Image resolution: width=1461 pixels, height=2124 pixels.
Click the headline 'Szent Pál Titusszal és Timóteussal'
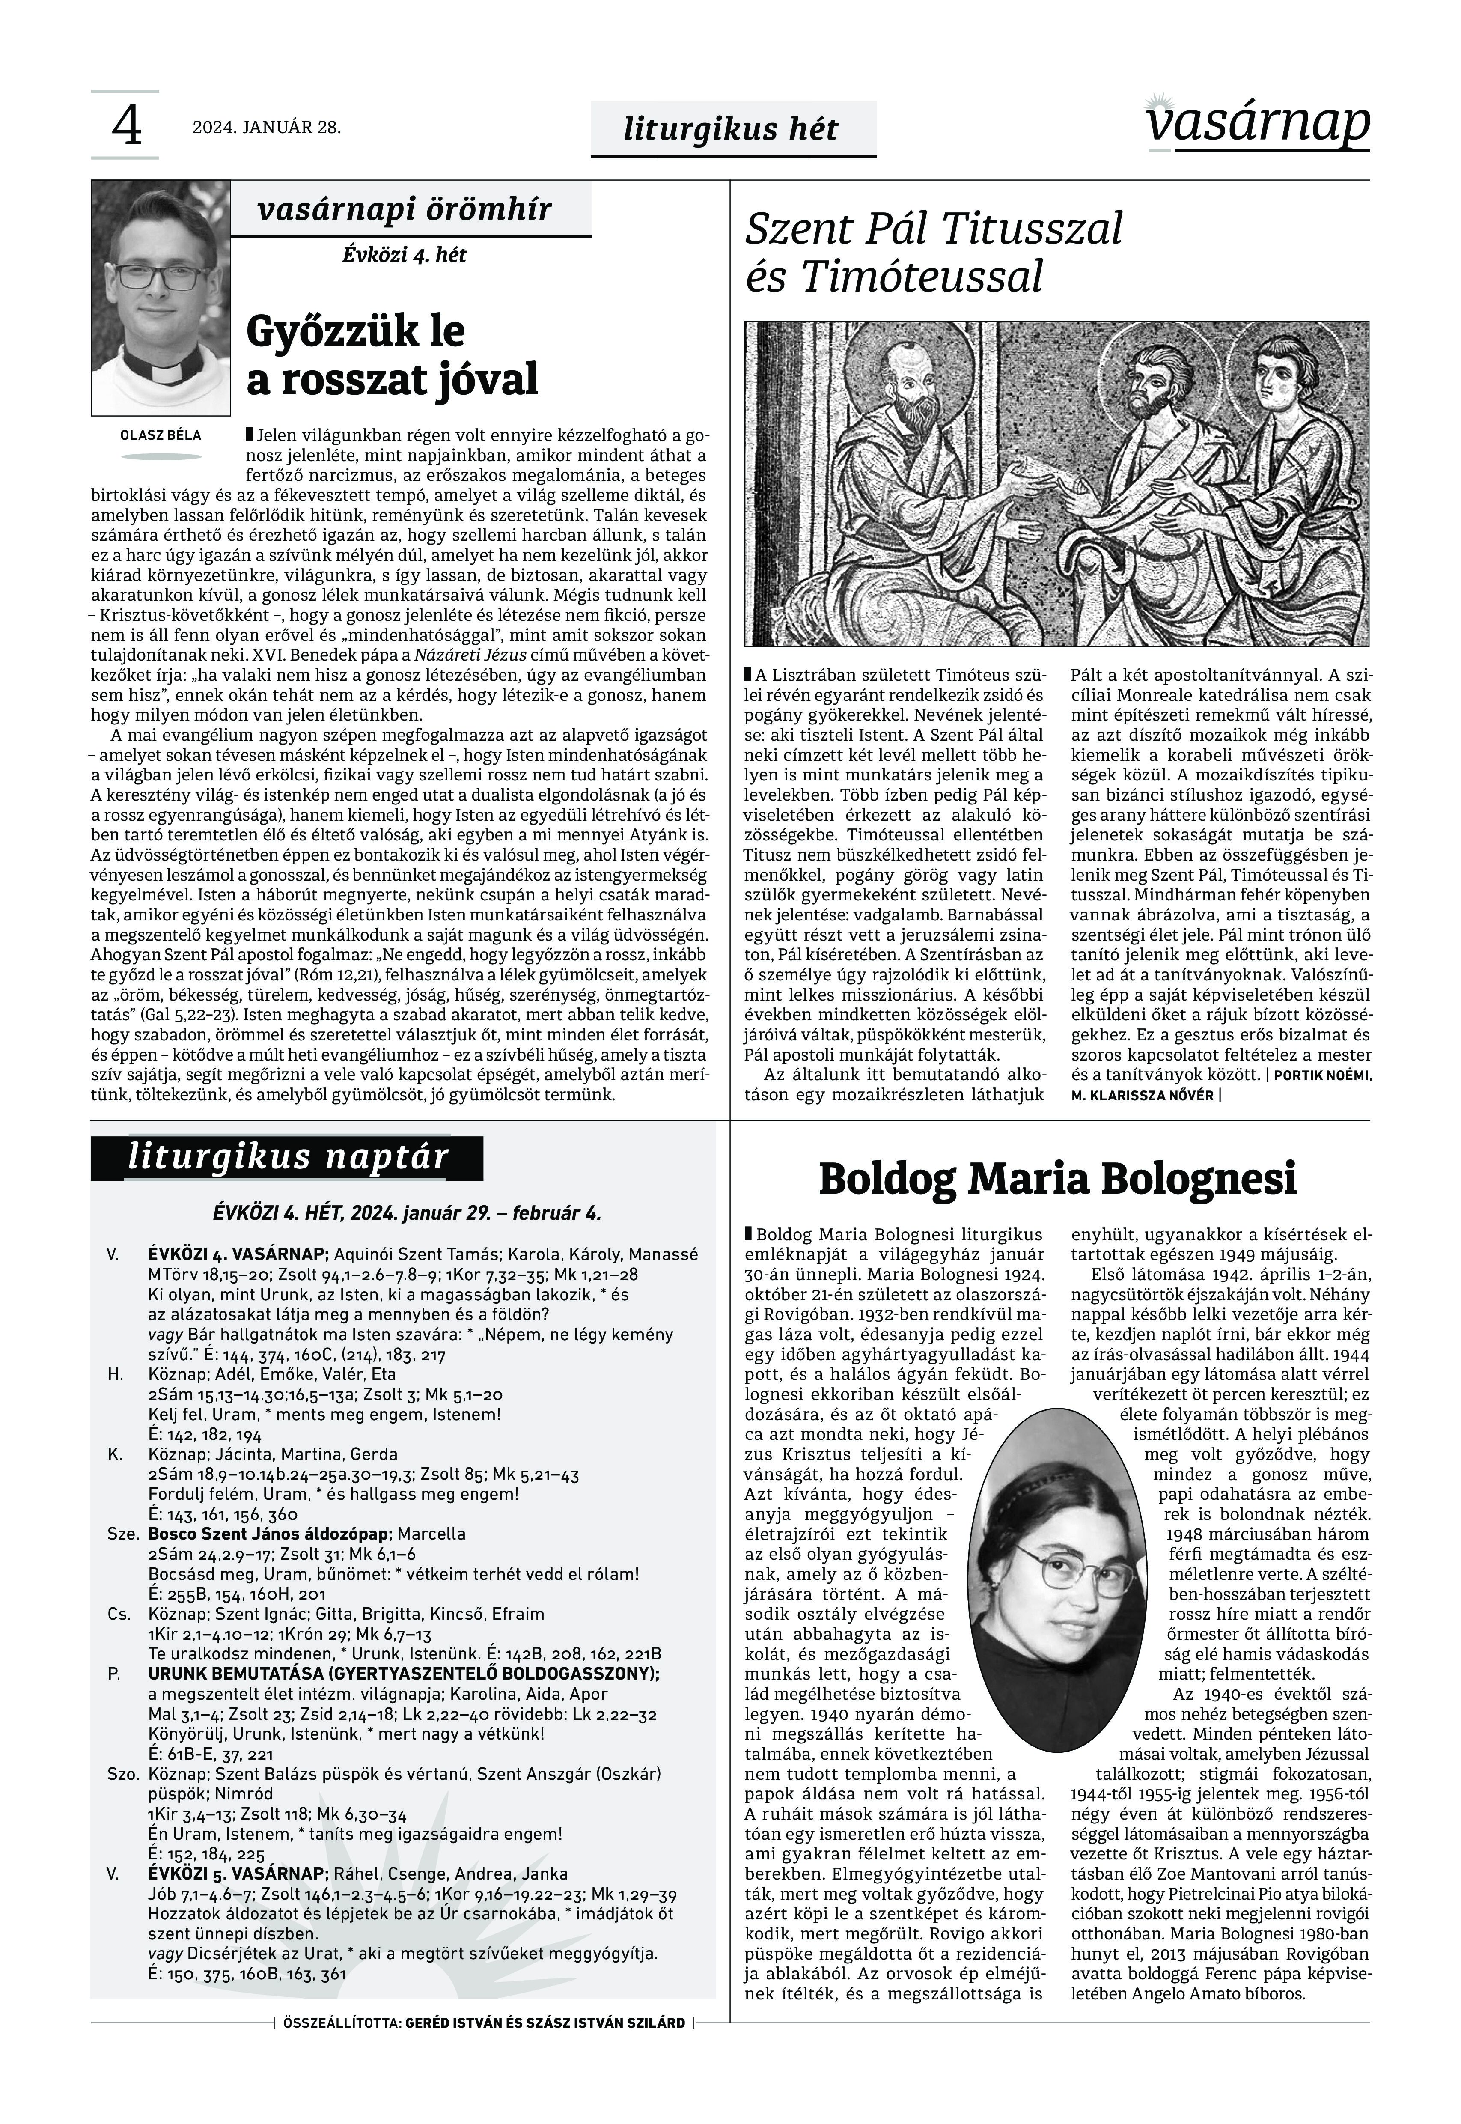coord(934,252)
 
